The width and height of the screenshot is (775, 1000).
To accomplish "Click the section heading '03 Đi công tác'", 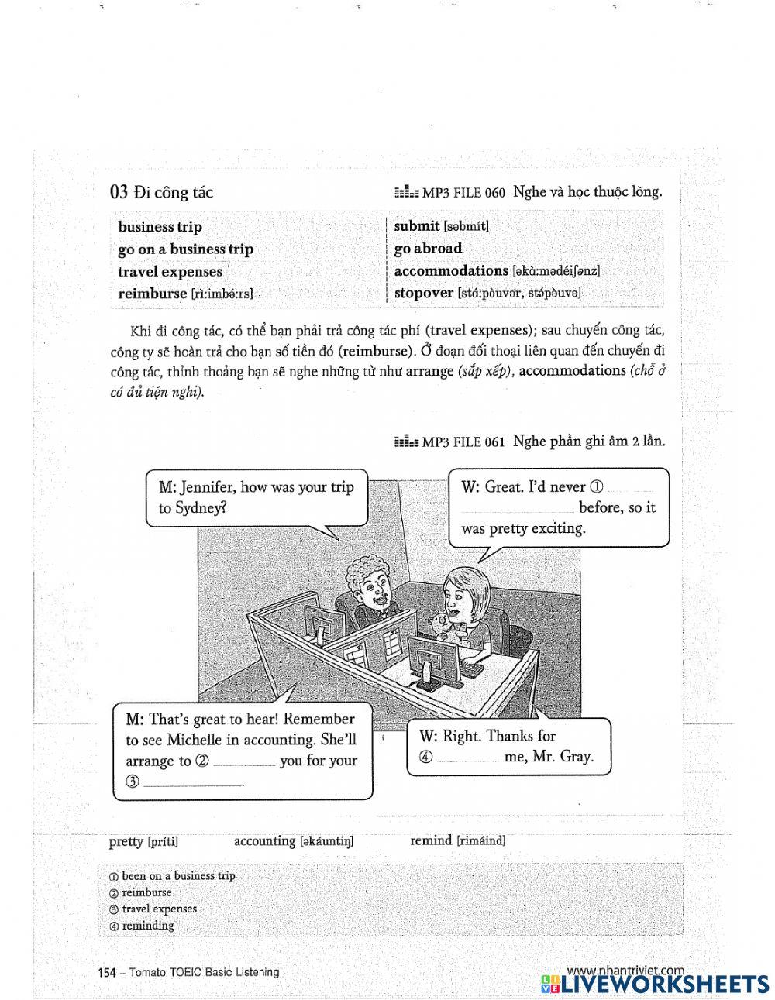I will click(161, 192).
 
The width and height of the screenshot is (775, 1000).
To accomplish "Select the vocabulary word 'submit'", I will click(416, 226).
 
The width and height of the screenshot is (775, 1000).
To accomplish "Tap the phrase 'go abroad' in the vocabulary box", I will click(428, 249).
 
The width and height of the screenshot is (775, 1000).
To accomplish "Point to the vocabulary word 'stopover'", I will click(423, 293).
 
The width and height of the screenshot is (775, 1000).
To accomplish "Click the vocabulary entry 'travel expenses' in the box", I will click(170, 271).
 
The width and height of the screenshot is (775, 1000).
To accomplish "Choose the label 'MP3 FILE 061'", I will click(463, 442).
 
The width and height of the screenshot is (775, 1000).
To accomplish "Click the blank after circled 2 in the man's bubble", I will click(243, 763).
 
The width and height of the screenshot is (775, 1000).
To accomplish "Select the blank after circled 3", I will click(194, 783).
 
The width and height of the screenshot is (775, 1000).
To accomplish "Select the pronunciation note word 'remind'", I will click(431, 840).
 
